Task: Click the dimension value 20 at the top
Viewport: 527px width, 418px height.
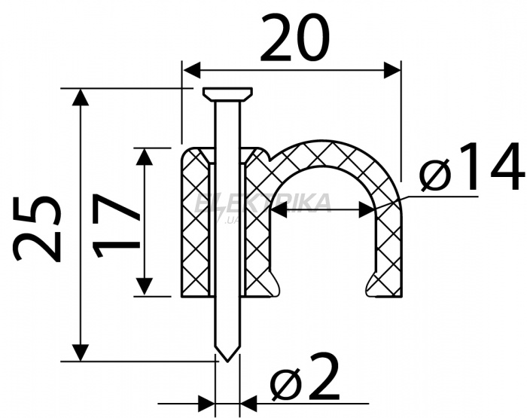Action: [295, 38]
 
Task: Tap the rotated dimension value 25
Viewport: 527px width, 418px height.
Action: [38, 228]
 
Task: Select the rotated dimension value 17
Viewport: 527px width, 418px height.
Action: [116, 224]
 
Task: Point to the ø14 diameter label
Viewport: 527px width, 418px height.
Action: [472, 166]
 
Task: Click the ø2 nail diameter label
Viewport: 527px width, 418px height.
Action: [305, 377]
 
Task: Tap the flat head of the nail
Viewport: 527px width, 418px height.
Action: [227, 94]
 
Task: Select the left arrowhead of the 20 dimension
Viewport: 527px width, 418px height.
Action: [191, 70]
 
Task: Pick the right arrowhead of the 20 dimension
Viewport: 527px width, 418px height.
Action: [392, 70]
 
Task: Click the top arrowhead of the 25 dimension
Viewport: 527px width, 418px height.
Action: [80, 97]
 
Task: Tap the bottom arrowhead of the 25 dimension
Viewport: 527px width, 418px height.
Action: [80, 352]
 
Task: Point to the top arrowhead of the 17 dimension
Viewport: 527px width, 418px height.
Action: [145, 157]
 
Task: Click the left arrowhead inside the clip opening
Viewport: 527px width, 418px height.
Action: [279, 209]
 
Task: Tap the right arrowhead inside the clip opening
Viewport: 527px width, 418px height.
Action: [367, 209]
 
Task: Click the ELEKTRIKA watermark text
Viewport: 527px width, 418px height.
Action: [263, 203]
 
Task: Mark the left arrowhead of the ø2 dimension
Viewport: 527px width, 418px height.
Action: [206, 403]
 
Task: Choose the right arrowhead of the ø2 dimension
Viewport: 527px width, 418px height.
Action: [248, 403]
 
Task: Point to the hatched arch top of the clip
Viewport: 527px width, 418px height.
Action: [331, 153]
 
